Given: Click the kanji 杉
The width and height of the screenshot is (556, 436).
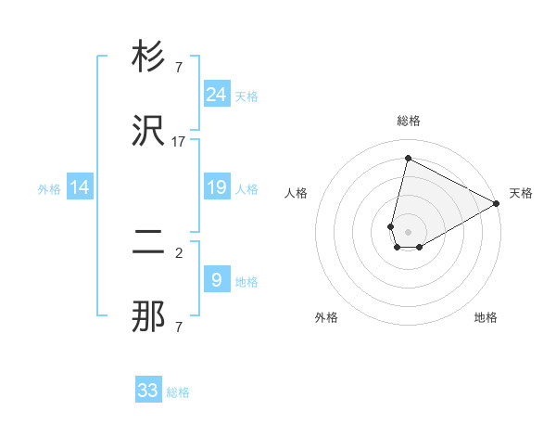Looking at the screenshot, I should pyautogui.click(x=148, y=58).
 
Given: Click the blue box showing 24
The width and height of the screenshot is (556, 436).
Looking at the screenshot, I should pyautogui.click(x=217, y=94).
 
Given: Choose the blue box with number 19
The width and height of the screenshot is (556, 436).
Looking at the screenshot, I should pyautogui.click(x=217, y=187).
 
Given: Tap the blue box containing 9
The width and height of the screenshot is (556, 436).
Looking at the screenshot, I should pyautogui.click(x=217, y=280).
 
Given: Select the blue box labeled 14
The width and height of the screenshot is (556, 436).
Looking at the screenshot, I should pyautogui.click(x=80, y=187).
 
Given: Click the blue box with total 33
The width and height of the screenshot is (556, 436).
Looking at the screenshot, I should pyautogui.click(x=148, y=390).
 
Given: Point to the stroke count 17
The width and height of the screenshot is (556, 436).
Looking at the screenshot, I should pyautogui.click(x=179, y=141).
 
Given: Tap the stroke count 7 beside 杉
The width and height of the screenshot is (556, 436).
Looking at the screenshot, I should pyautogui.click(x=179, y=67).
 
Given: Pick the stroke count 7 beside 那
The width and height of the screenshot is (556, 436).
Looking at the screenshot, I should pyautogui.click(x=179, y=327).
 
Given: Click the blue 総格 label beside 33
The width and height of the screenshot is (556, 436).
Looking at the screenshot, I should pyautogui.click(x=178, y=392).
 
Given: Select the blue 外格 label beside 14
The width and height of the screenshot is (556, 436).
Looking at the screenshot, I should pyautogui.click(x=49, y=189).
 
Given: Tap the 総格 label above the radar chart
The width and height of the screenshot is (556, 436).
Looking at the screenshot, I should pyautogui.click(x=409, y=121).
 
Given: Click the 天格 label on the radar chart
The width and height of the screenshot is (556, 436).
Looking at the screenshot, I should pyautogui.click(x=521, y=193).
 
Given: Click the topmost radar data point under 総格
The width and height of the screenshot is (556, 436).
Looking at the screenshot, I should pyautogui.click(x=407, y=158).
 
